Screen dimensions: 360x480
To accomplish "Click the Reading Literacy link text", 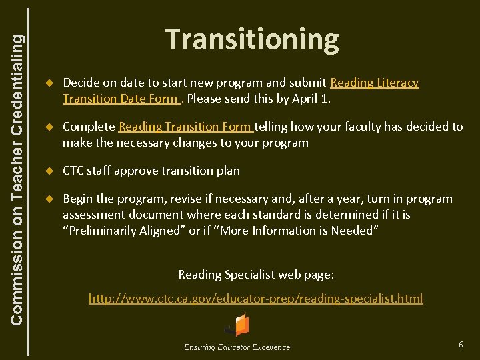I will click(375, 83).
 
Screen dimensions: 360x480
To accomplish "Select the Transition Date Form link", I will click(121, 99).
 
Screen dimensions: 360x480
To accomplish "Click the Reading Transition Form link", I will click(185, 126).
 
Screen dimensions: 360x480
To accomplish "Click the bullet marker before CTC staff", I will click(48, 171).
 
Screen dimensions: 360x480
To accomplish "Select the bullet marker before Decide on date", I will click(48, 83).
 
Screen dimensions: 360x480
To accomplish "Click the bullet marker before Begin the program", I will click(48, 199).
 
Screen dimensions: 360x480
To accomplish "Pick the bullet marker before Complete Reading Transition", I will click(48, 127).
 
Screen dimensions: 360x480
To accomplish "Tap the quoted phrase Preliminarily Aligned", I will click(121, 231).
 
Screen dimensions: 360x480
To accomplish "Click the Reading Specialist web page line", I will click(256, 274).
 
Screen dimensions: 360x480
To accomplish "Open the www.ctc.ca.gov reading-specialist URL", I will click(256, 298).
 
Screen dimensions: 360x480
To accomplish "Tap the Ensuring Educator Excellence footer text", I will click(237, 347).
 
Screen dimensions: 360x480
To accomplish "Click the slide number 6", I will click(461, 344).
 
